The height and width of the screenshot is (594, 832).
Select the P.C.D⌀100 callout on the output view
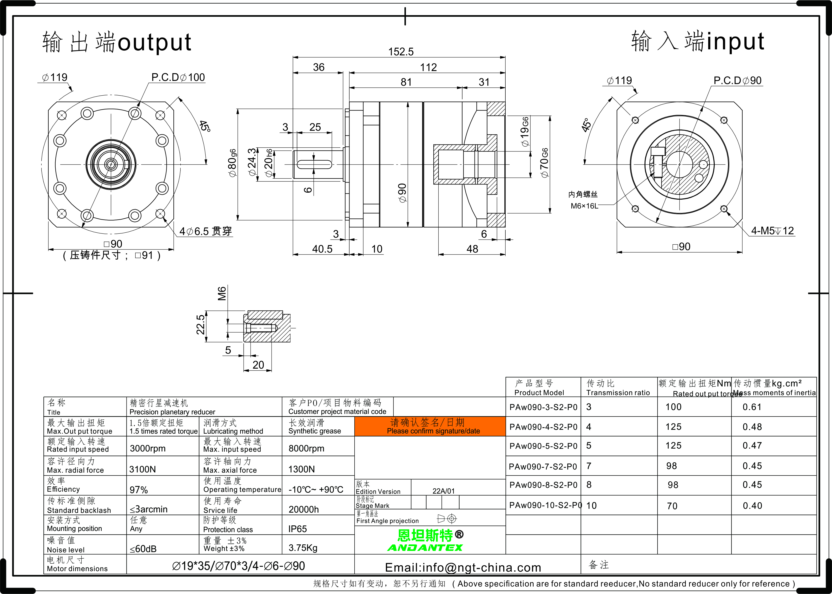point(178,77)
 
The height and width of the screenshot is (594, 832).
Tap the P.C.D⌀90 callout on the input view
point(738,80)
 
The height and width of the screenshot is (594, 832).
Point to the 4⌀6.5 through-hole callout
point(206,231)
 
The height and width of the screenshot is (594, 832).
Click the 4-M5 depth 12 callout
point(772,230)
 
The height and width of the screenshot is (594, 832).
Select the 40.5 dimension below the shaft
point(322,249)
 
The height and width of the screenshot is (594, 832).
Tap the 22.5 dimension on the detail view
point(200,325)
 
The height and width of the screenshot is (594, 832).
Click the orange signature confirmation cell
point(430,426)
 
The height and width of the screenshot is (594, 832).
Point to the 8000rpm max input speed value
point(306,448)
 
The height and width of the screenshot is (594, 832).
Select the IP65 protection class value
point(297,529)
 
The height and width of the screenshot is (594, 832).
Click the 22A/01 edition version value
point(443,491)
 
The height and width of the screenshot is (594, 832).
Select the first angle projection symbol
point(447,519)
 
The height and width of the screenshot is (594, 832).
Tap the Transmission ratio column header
point(618,392)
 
